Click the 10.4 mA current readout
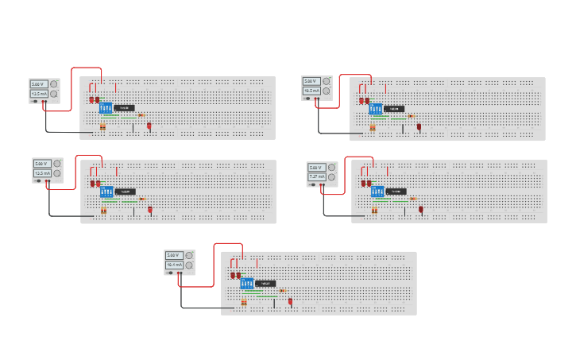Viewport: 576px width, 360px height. click(173, 265)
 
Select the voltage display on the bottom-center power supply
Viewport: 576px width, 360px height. click(173, 255)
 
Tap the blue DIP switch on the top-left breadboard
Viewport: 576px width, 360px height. click(106, 108)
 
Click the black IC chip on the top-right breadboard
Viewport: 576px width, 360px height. click(394, 109)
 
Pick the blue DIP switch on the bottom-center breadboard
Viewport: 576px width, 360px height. click(246, 284)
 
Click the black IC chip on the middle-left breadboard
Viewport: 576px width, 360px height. click(126, 192)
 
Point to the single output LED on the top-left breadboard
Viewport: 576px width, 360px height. click(149, 126)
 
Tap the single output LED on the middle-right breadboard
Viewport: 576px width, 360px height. click(420, 210)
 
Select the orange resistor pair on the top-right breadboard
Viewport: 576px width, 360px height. click(373, 127)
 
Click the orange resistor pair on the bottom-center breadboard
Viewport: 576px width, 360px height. click(244, 303)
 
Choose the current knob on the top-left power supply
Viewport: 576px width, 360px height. click(54, 94)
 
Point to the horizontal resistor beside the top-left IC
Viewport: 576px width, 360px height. click(141, 115)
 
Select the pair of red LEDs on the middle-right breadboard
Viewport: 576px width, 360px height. click(366, 183)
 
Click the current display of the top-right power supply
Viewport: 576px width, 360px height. click(311, 91)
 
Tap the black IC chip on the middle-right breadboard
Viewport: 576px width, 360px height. click(396, 192)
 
